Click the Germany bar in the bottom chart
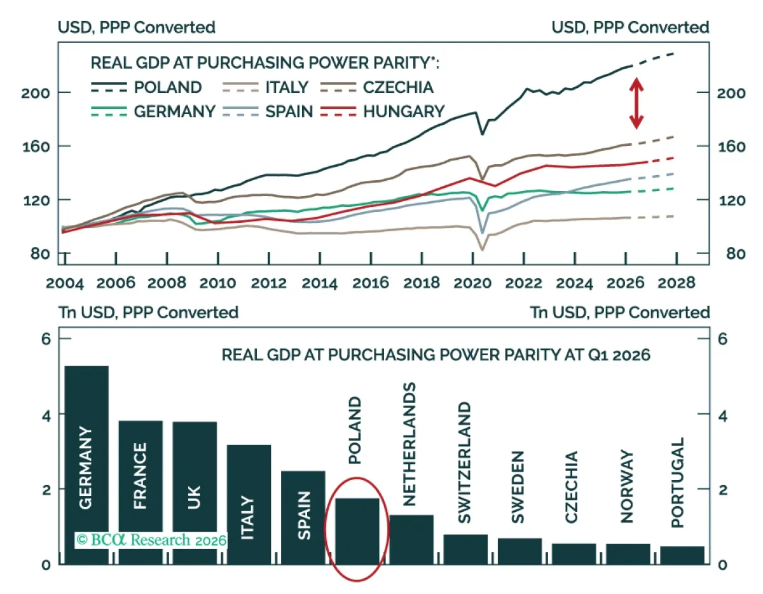pos(86,465)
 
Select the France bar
pos(141,492)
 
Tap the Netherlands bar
pos(411,539)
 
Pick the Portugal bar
pos(682,555)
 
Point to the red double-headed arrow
pos(636,103)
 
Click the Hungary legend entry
pos(383,111)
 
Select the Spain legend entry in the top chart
pos(268,111)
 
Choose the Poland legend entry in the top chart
pos(146,87)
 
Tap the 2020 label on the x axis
pos(472,283)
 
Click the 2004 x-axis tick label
pos(65,283)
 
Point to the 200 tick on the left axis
pos(36,93)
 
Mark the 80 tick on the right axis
pos(736,254)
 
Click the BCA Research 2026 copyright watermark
pos(151,540)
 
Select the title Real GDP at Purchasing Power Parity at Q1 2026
pos(436,355)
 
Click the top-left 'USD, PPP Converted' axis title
pos(137,27)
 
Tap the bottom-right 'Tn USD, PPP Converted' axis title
pos(620,313)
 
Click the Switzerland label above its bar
pos(465,463)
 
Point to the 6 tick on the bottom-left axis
pos(46,339)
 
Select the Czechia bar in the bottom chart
pos(574,554)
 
